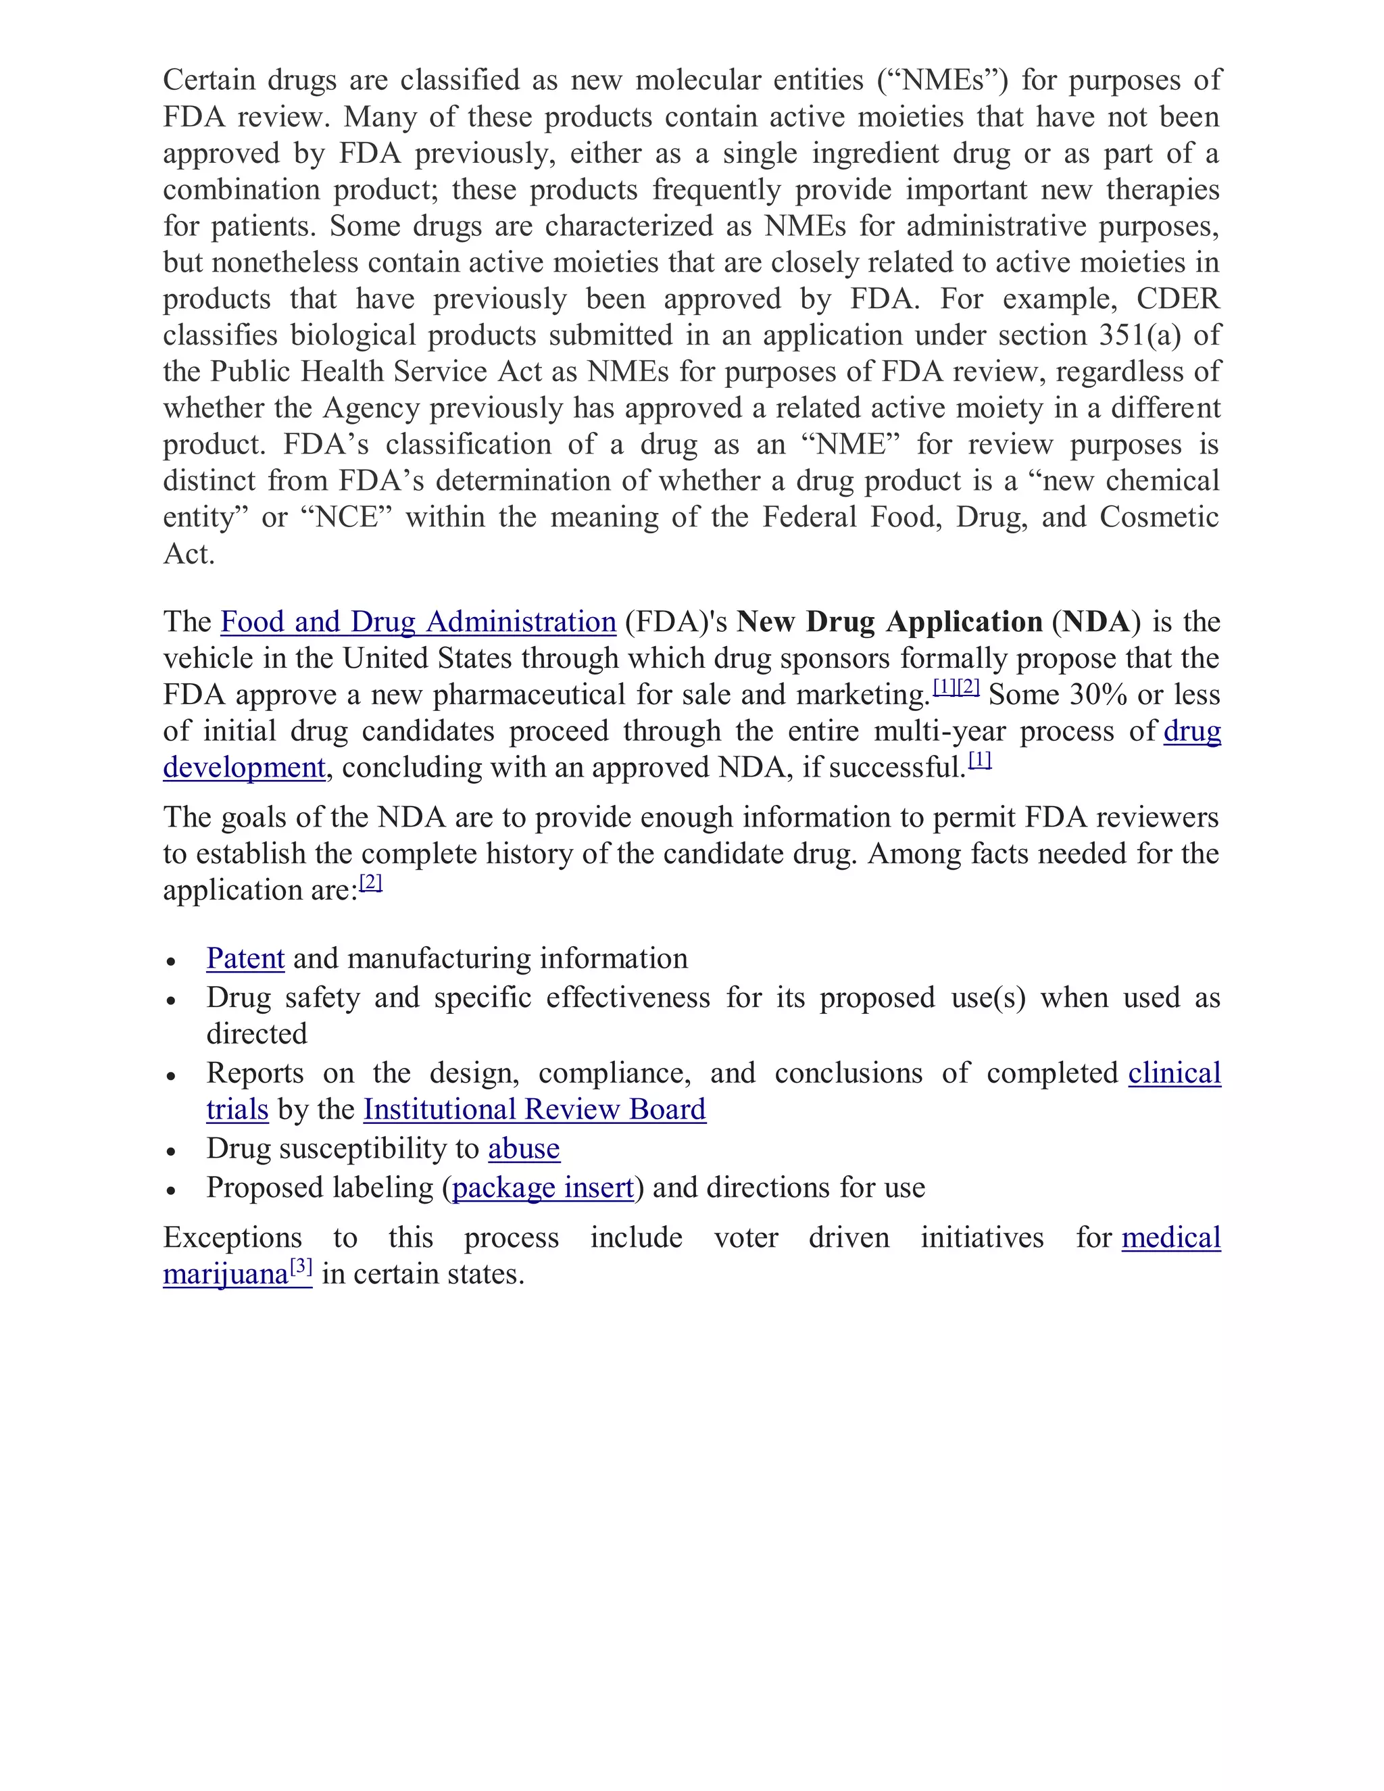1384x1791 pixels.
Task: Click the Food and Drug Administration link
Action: pyautogui.click(x=418, y=622)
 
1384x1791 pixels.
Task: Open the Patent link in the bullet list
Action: pyautogui.click(x=245, y=958)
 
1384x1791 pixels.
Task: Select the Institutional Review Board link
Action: pyautogui.click(x=535, y=1110)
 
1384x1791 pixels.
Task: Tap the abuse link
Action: pyautogui.click(x=524, y=1149)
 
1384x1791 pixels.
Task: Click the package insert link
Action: pyautogui.click(x=543, y=1188)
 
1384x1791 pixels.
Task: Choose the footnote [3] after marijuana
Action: pyautogui.click(x=301, y=1267)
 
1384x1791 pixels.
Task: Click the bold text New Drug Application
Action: pyautogui.click(x=889, y=622)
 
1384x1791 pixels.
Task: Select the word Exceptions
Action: pyautogui.click(x=232, y=1237)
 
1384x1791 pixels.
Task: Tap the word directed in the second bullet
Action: pyautogui.click(x=257, y=1034)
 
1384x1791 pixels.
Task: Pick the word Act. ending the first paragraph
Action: pyautogui.click(x=189, y=554)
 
